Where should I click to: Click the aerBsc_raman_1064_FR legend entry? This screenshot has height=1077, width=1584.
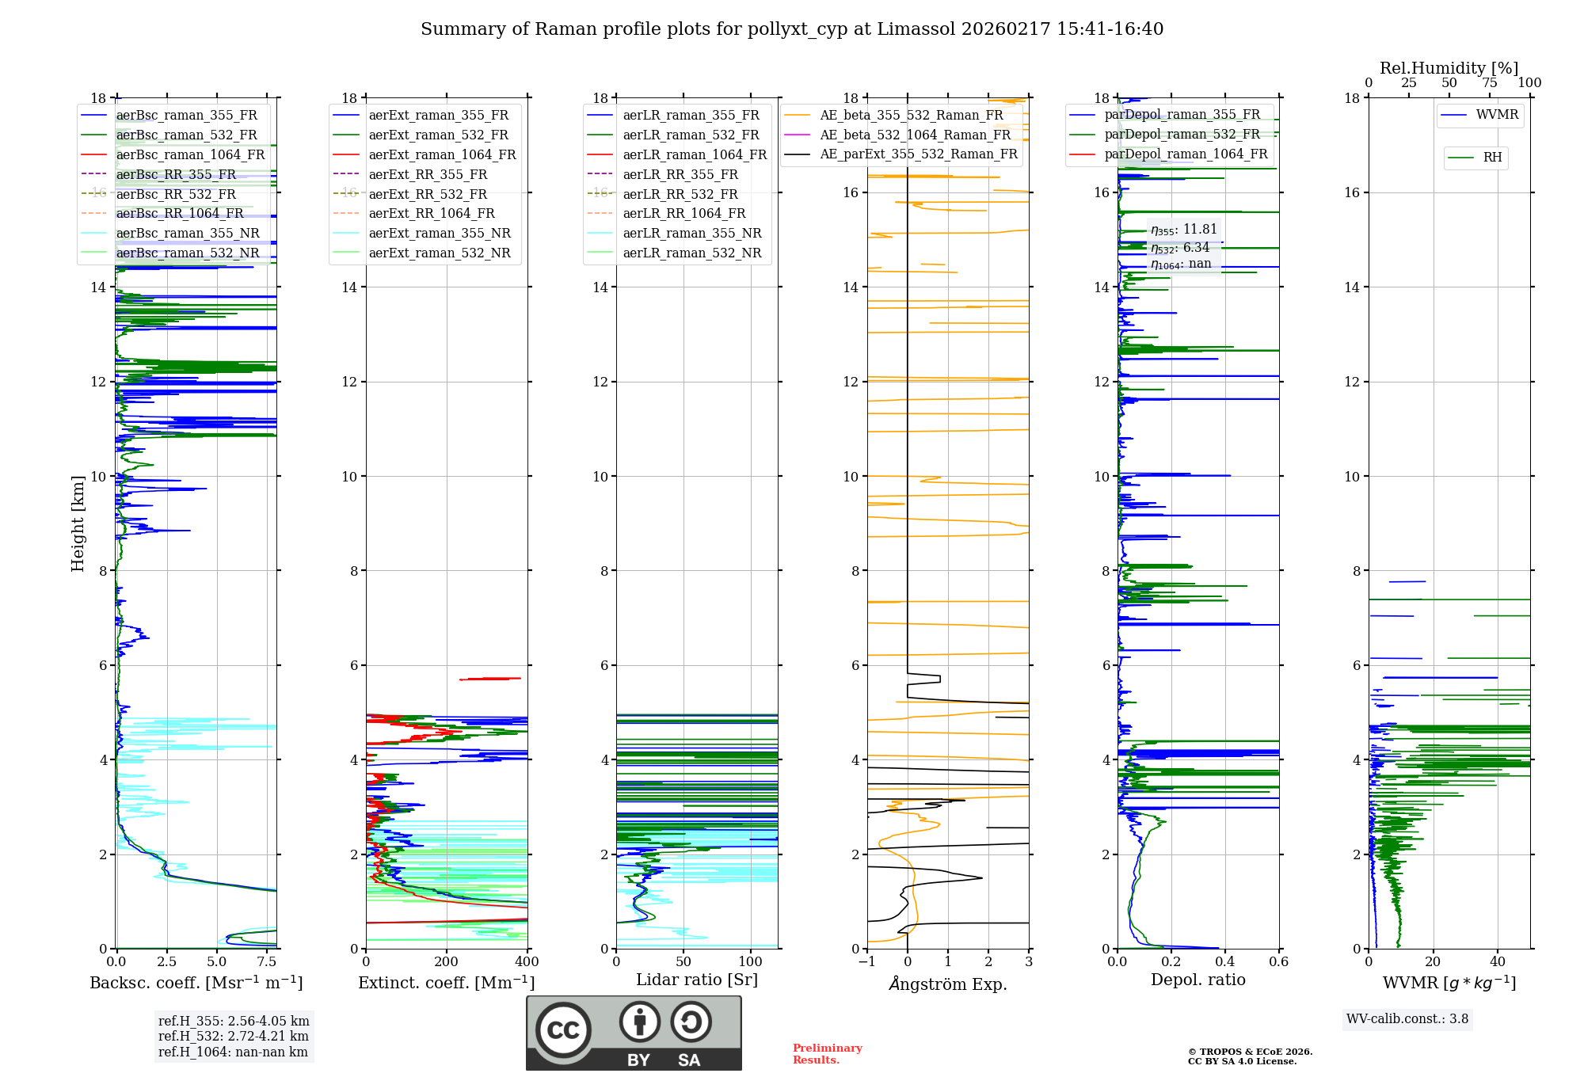pyautogui.click(x=190, y=154)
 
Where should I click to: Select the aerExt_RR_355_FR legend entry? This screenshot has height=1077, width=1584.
pyautogui.click(x=428, y=174)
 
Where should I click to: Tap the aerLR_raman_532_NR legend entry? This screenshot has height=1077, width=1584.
pyautogui.click(x=691, y=253)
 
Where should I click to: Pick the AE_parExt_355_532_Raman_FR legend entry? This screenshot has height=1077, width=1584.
pyautogui.click(x=918, y=154)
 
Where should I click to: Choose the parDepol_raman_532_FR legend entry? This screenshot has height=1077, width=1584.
pyautogui.click(x=1182, y=134)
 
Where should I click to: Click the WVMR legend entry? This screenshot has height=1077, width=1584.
pyautogui.click(x=1497, y=115)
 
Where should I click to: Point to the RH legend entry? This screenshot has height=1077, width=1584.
pyautogui.click(x=1492, y=158)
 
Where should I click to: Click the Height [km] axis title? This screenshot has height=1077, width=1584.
pyautogui.click(x=78, y=523)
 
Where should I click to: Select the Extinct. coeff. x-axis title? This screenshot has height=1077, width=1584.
pyautogui.click(x=446, y=983)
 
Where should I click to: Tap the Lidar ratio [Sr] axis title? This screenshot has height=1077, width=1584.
pyautogui.click(x=697, y=980)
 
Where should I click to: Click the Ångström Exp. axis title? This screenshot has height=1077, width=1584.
pyautogui.click(x=948, y=984)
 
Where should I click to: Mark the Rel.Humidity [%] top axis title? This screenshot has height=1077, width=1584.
pyautogui.click(x=1449, y=68)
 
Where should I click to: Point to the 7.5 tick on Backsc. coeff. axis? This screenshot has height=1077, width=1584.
pyautogui.click(x=267, y=962)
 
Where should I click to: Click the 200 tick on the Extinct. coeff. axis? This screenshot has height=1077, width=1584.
pyautogui.click(x=447, y=962)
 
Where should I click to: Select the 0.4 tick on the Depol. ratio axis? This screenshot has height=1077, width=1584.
pyautogui.click(x=1225, y=962)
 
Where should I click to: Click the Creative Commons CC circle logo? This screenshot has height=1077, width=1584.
pyautogui.click(x=563, y=1029)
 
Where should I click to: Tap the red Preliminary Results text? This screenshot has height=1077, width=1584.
pyautogui.click(x=827, y=1053)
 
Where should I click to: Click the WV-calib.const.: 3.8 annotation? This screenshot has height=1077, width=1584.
pyautogui.click(x=1407, y=1019)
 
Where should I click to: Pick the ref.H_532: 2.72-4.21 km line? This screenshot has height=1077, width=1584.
pyautogui.click(x=233, y=1036)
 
